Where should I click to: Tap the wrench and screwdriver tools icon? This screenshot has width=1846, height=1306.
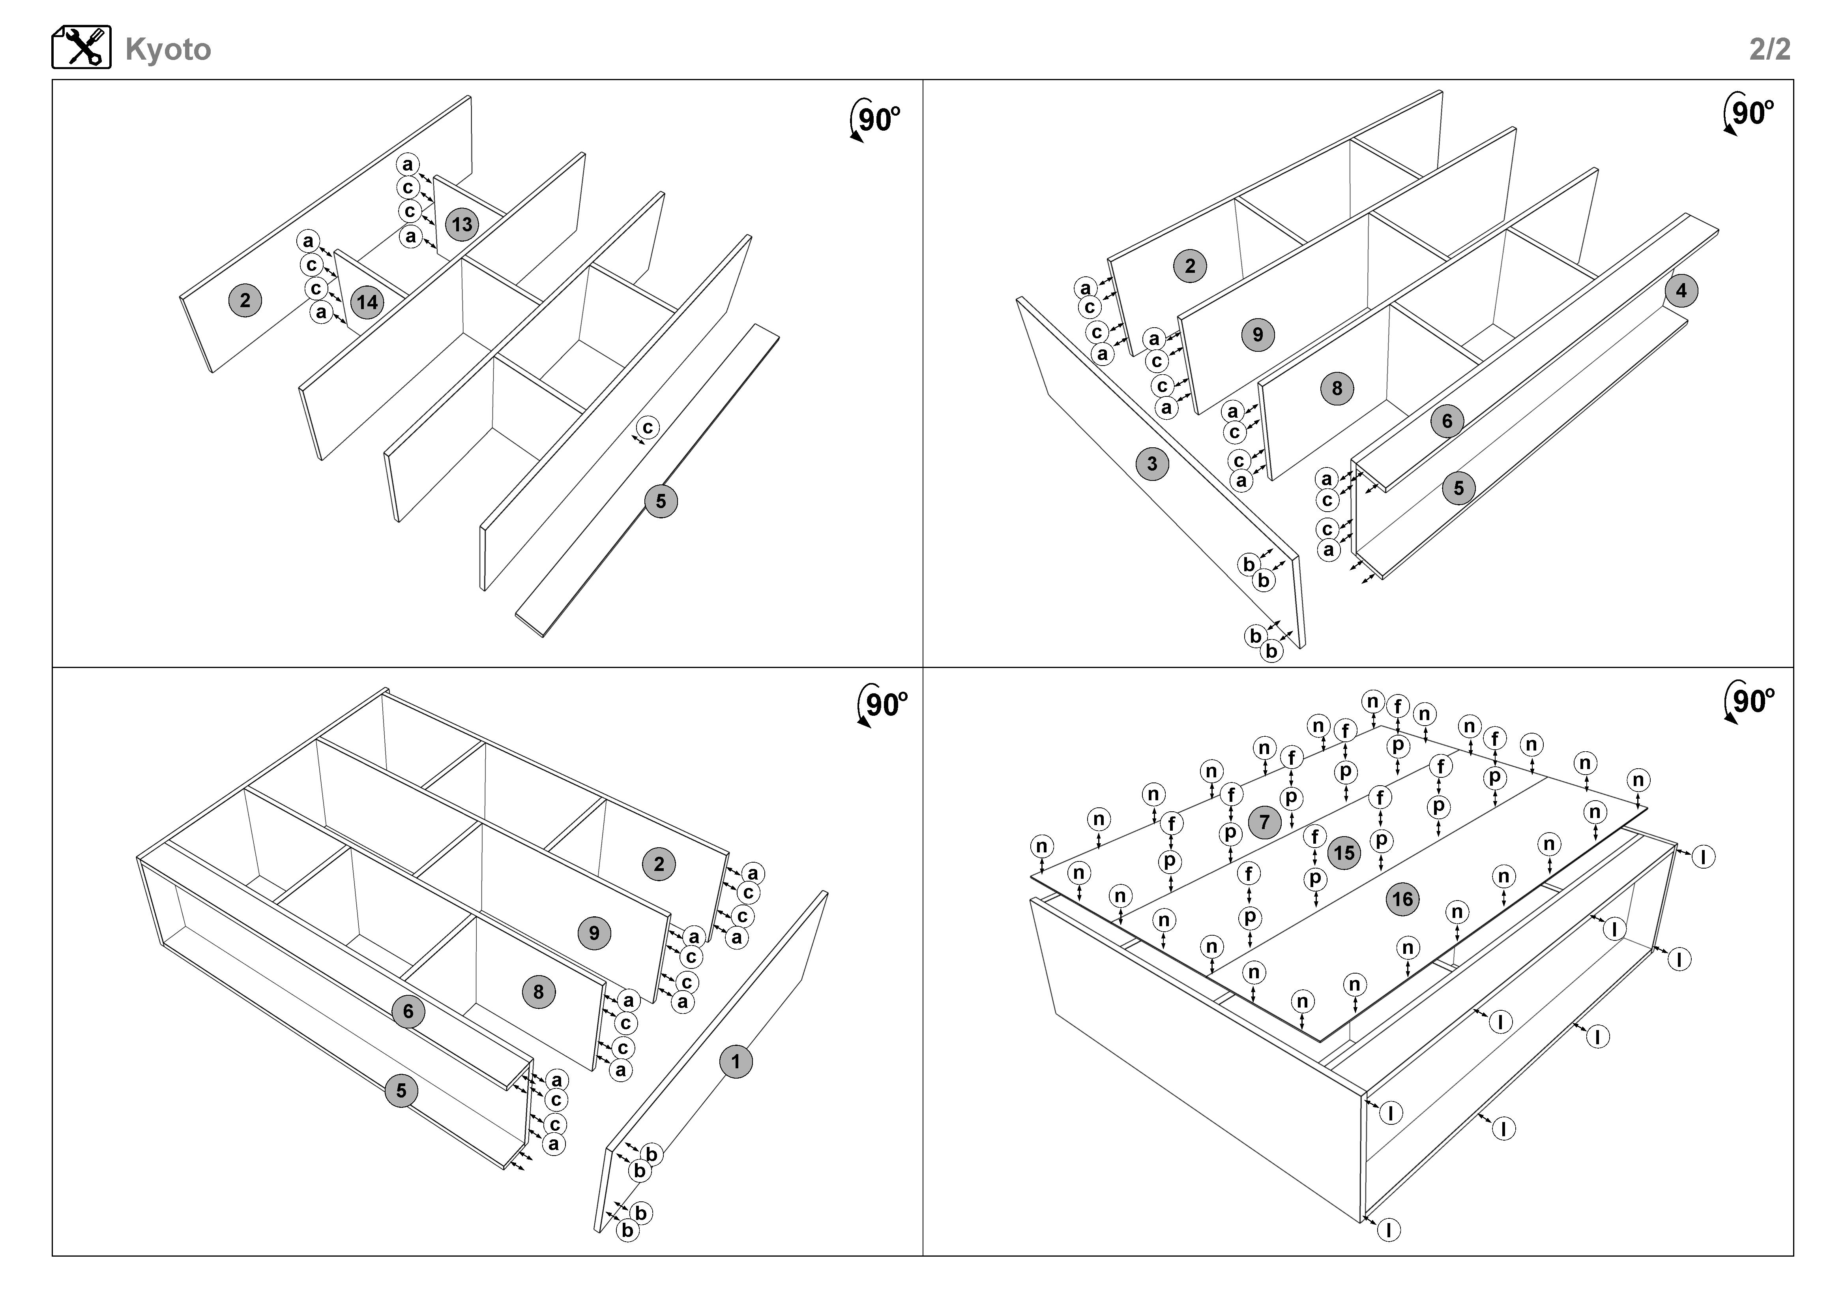click(81, 47)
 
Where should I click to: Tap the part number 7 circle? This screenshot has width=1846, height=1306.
click(1265, 822)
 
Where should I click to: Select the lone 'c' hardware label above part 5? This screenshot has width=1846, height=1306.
click(648, 428)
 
